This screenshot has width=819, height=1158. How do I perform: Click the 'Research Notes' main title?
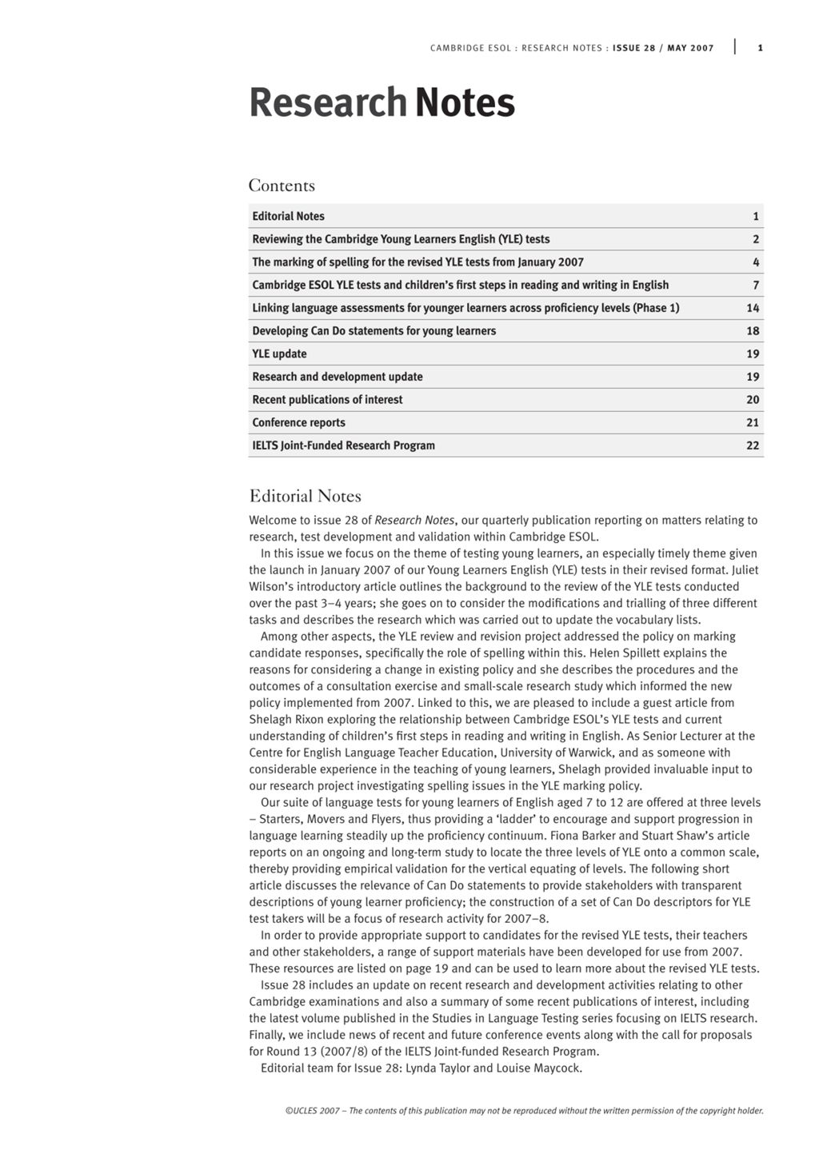tap(382, 103)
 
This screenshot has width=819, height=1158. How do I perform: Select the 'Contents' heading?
tap(282, 186)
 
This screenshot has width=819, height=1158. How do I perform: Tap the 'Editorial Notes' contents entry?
tap(288, 216)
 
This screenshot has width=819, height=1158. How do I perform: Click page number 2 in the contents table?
tap(756, 239)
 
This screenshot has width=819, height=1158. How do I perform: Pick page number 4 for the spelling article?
tap(756, 262)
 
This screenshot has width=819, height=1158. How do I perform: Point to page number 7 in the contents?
tap(756, 286)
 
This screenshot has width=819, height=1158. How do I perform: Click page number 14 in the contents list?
tap(753, 308)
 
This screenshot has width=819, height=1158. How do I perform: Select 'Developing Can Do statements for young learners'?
tap(374, 331)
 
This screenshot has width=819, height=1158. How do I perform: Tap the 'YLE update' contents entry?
tap(279, 354)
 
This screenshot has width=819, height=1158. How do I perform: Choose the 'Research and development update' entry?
tap(338, 377)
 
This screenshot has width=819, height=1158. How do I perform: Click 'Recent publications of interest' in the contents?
tap(327, 400)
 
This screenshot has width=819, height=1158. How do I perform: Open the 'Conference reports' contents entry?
tap(298, 423)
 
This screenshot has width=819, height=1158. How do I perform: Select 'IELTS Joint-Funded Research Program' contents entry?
tap(343, 445)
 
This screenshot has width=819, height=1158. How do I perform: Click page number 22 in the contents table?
tap(753, 445)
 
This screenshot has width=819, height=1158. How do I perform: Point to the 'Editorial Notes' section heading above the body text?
tap(305, 496)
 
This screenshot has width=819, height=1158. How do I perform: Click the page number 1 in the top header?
tap(760, 48)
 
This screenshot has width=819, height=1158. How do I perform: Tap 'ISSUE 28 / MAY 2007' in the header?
tap(663, 48)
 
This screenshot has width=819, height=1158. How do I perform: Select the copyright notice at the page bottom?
tap(524, 1111)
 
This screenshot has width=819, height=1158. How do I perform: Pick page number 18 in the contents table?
tap(753, 331)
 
